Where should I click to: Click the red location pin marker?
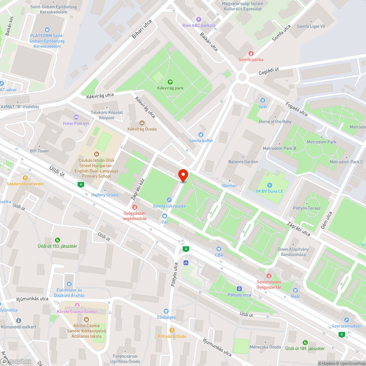coord(183,175)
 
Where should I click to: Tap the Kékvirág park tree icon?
coord(170,82)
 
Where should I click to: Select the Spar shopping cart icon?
coord(262,100)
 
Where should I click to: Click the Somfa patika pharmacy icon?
coord(251,53)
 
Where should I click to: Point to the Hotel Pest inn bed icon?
coord(76,117)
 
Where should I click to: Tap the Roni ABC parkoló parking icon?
coord(199,19)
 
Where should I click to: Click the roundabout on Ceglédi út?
coord(242,77)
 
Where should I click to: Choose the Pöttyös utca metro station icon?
coord(239,288)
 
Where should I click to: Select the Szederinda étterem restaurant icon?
coord(25,178)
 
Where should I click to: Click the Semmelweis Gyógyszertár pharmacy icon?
coord(269,276)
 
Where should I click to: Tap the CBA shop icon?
coord(219,249)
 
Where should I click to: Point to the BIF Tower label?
coord(40,151)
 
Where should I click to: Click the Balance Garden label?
coord(243,161)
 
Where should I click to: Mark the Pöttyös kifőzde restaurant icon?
coord(172,330)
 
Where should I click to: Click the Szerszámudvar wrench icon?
coord(347,320)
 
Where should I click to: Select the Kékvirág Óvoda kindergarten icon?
coord(142,123)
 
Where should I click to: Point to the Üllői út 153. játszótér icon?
coord(57,240)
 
